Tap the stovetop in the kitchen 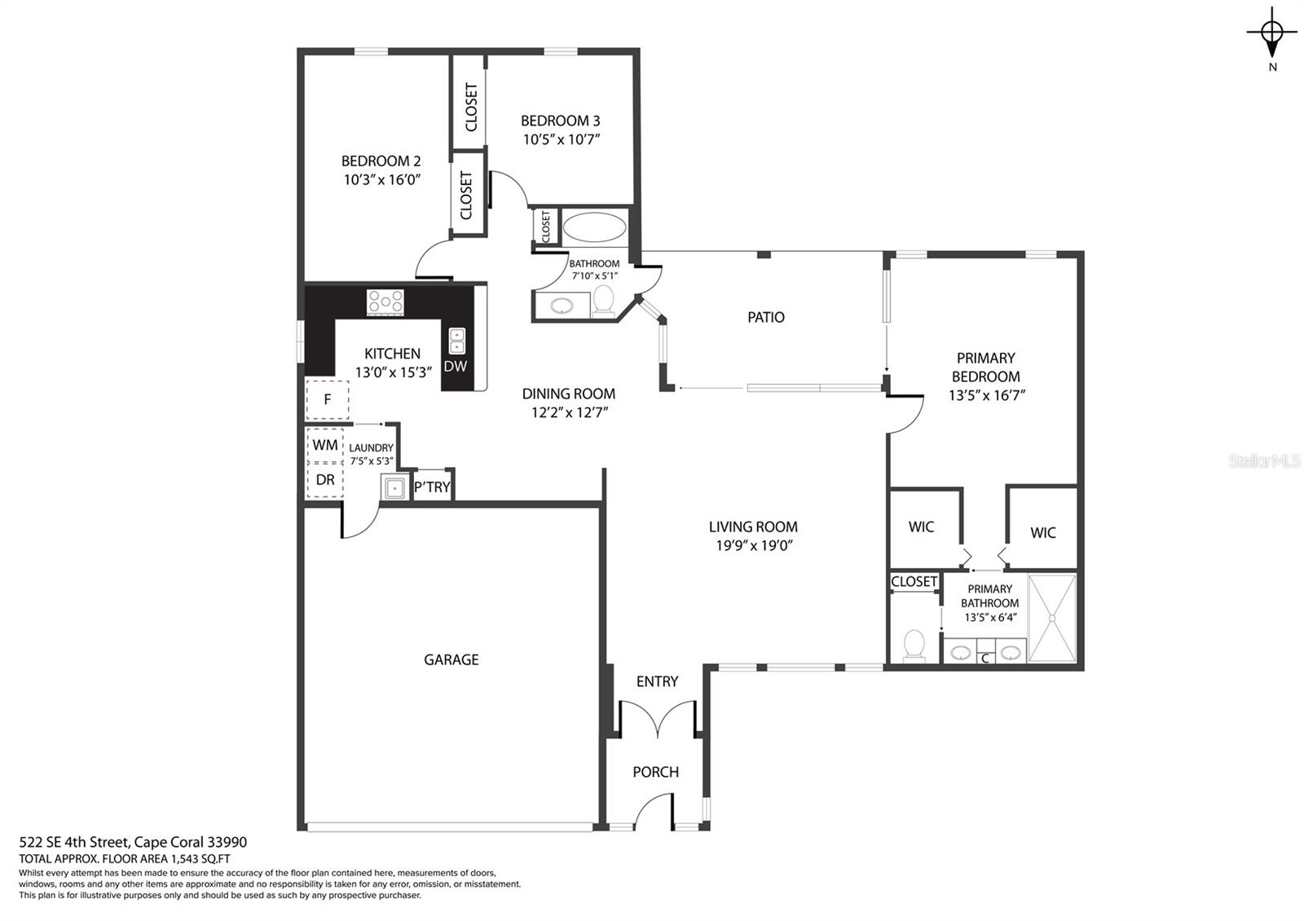pyautogui.click(x=385, y=302)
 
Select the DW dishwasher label pyautogui.click(x=456, y=366)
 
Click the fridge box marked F pyautogui.click(x=327, y=399)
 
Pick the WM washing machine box pyautogui.click(x=325, y=445)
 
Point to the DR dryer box pyautogui.click(x=325, y=480)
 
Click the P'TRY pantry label pyautogui.click(x=432, y=487)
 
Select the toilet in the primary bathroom pyautogui.click(x=914, y=646)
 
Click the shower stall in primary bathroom pyautogui.click(x=1052, y=619)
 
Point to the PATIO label pyautogui.click(x=765, y=317)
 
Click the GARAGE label pyautogui.click(x=452, y=659)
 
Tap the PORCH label pyautogui.click(x=655, y=772)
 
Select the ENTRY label pyautogui.click(x=657, y=681)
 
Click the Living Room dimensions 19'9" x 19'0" pyautogui.click(x=755, y=545)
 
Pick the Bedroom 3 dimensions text pyautogui.click(x=562, y=139)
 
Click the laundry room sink pyautogui.click(x=394, y=487)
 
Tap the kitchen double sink pyautogui.click(x=457, y=341)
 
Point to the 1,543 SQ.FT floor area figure pyautogui.click(x=200, y=859)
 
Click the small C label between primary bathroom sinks pyautogui.click(x=985, y=659)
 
